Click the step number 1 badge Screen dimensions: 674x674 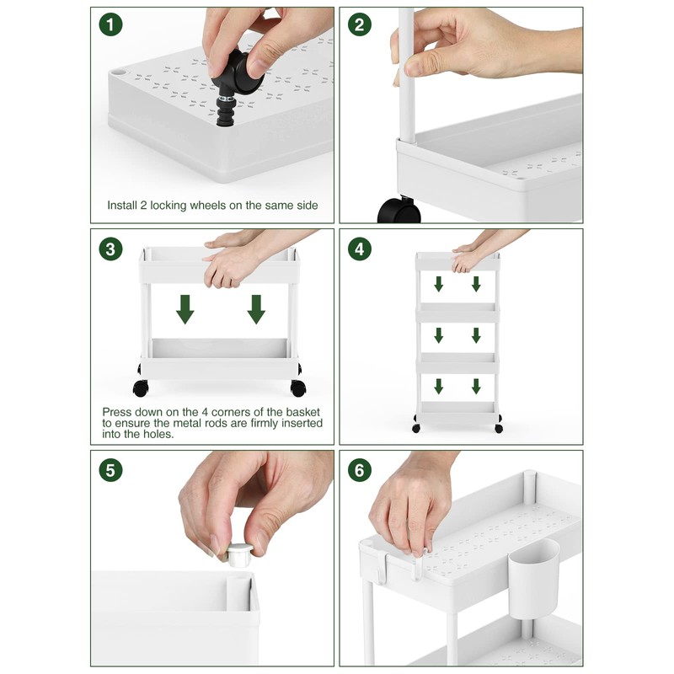(110, 24)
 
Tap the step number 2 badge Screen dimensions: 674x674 (360, 24)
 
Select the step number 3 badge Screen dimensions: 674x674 (110, 249)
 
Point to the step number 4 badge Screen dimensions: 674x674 (360, 249)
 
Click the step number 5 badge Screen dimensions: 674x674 (110, 470)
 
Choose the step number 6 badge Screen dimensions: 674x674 (360, 470)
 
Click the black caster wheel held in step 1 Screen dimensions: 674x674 (236, 86)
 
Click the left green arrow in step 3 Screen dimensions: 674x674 (185, 309)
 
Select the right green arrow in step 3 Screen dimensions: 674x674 (256, 309)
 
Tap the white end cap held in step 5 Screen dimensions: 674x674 (239, 554)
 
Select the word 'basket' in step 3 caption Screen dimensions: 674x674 (302, 412)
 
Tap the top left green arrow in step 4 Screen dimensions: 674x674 (438, 284)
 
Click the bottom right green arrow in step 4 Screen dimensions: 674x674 (476, 386)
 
